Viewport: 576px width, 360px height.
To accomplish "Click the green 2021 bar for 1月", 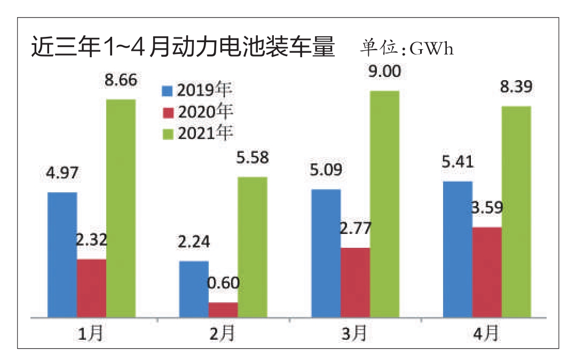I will coord(121,208).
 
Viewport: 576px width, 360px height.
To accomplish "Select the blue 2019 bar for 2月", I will coord(194,289).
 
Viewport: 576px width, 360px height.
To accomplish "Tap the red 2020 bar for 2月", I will coord(223,310).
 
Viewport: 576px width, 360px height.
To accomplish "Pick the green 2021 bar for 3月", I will coord(385,204).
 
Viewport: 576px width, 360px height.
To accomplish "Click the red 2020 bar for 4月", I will coord(487,272).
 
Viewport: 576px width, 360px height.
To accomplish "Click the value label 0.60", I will coord(223,281).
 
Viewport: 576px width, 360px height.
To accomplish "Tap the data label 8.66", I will coord(121,81).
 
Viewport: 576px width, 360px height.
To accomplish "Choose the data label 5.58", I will coord(252,158).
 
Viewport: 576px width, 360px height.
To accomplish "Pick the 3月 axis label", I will coord(354,334).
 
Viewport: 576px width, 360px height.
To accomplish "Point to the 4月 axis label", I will coord(486,334).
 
